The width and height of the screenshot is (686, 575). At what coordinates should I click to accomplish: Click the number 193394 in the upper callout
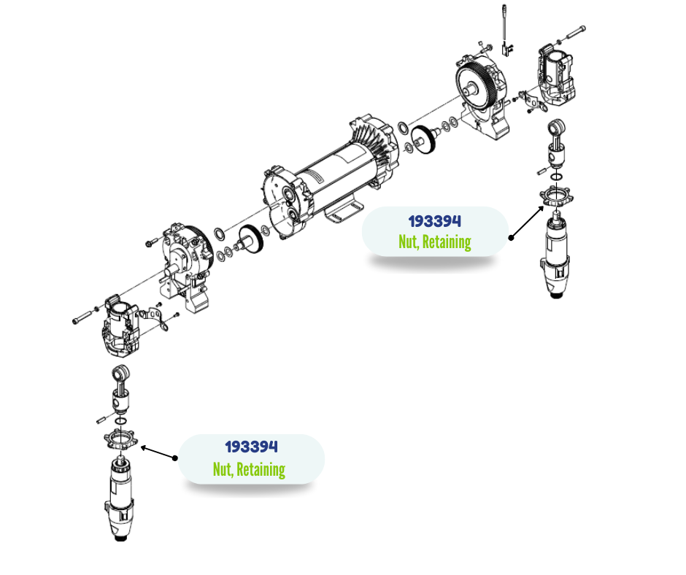coord(434,221)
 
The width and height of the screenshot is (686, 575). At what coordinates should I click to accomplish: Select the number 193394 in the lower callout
coord(251,447)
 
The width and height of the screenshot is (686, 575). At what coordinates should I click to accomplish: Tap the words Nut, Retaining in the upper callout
coord(434,242)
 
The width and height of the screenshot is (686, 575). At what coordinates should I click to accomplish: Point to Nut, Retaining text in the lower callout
coord(249,469)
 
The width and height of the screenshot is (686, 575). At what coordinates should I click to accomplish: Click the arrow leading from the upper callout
coord(528,222)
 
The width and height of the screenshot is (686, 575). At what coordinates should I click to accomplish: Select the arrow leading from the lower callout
coord(158,452)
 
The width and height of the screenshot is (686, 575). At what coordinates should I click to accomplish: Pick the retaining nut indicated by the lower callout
coord(120,439)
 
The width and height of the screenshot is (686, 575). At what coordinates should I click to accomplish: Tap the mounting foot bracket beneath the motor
coord(344,211)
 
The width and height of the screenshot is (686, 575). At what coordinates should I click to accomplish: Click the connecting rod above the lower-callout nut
coord(120,389)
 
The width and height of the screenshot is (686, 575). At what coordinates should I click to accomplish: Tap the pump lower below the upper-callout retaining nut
coord(555,254)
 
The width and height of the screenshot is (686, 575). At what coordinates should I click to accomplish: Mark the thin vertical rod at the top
coord(504,24)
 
